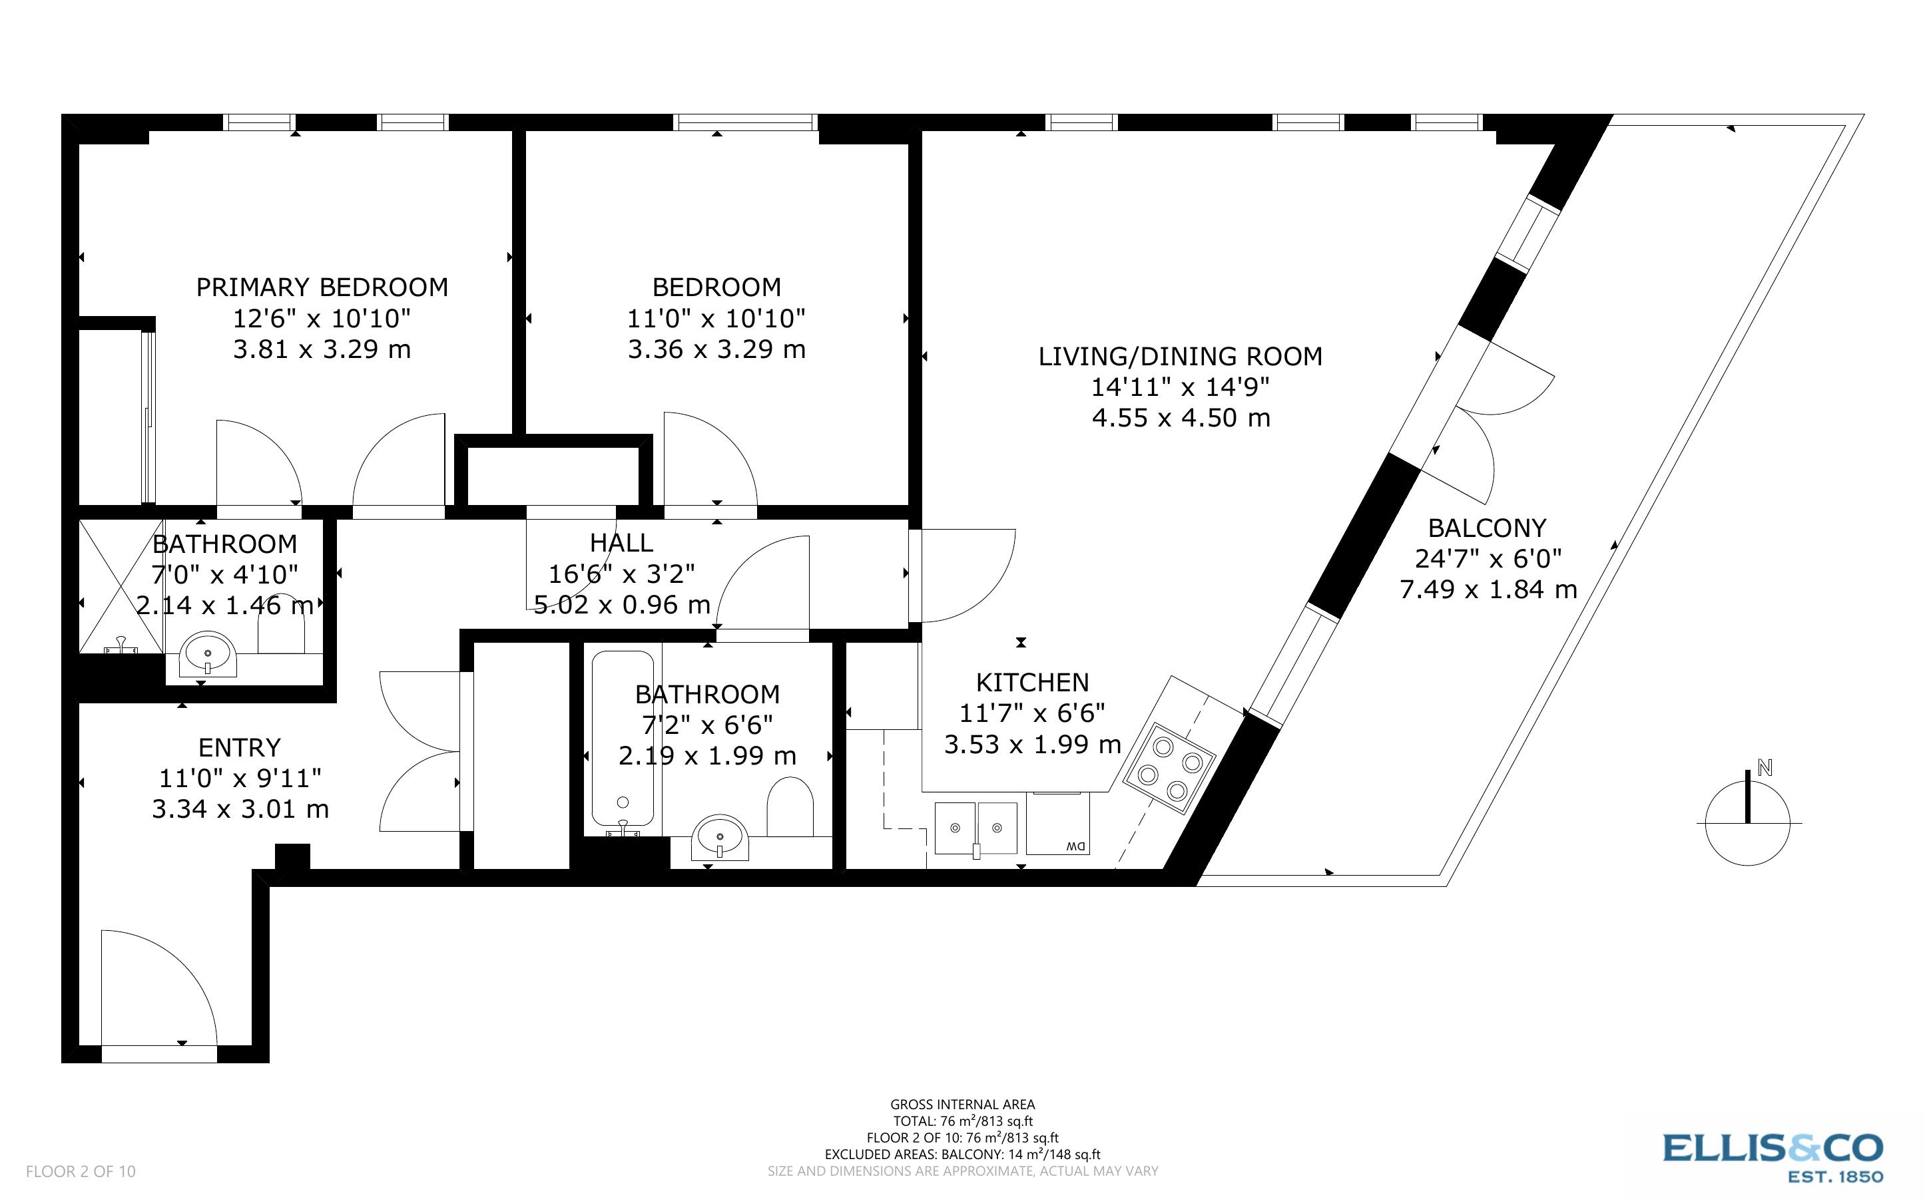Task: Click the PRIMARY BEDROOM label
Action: click(322, 287)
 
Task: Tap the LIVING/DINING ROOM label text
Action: click(1180, 357)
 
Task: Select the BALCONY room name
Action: click(1486, 528)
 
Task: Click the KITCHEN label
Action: click(1031, 683)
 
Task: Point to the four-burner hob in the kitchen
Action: click(1169, 768)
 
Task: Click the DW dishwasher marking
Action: click(1075, 846)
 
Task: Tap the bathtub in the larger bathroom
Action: click(623, 740)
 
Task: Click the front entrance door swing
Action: click(159, 991)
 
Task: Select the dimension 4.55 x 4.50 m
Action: click(1181, 419)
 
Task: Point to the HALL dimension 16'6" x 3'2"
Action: click(622, 574)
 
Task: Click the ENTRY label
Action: click(240, 748)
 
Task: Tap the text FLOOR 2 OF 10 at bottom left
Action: click(81, 1171)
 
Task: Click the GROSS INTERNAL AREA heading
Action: click(962, 1105)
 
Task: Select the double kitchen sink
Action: click(976, 828)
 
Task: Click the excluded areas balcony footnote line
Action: click(962, 1154)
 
